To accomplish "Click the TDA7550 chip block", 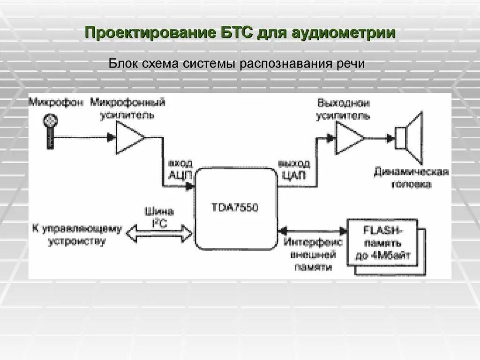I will (x=235, y=209).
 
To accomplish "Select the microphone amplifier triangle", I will (x=129, y=137).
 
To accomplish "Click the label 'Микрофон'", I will (x=55, y=102).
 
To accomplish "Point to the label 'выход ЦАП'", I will (x=293, y=169).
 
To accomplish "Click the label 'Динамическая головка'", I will (x=411, y=179).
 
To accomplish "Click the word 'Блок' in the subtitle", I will (x=122, y=63).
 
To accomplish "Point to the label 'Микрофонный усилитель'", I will (x=128, y=109).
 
